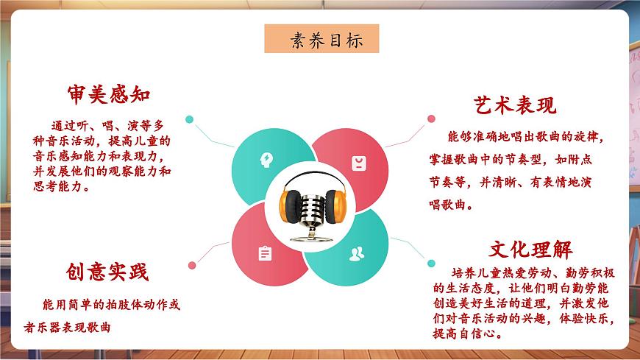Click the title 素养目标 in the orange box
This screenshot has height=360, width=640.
(x=321, y=39)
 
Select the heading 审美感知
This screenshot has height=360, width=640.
(x=108, y=94)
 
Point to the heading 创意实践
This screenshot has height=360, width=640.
(x=107, y=272)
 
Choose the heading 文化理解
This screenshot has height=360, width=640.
(x=530, y=249)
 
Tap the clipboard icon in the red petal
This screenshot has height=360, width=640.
(x=265, y=253)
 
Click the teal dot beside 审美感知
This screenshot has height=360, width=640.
(x=189, y=119)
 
